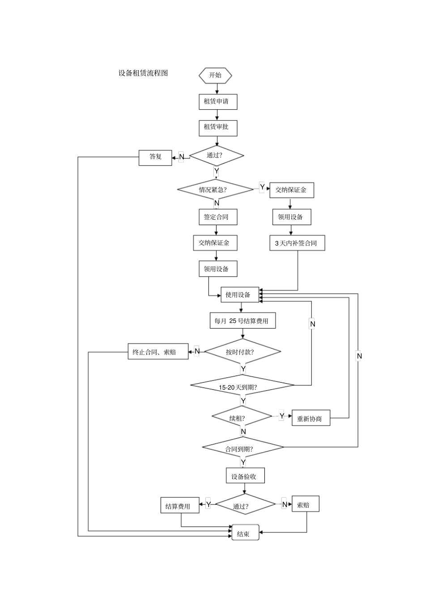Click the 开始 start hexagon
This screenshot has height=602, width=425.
click(215, 75)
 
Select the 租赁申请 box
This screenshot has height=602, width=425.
click(217, 102)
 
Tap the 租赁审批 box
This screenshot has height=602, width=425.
click(217, 128)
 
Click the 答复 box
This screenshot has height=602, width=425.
click(155, 157)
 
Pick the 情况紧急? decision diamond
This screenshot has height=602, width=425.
click(215, 190)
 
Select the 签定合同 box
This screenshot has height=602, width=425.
click(217, 217)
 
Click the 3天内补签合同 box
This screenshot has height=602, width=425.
click(297, 243)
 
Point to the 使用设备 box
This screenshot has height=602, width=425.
click(239, 295)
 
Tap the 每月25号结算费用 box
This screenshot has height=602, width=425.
click(242, 321)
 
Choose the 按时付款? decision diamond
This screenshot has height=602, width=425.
click(242, 352)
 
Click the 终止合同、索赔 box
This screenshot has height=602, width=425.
click(158, 352)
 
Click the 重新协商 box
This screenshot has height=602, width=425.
click(310, 418)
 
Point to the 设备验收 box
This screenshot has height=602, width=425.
click(245, 476)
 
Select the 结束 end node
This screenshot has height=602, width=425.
click(245, 533)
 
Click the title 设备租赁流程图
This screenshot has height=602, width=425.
click(143, 73)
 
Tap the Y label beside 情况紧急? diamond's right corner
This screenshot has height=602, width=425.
click(262, 187)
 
